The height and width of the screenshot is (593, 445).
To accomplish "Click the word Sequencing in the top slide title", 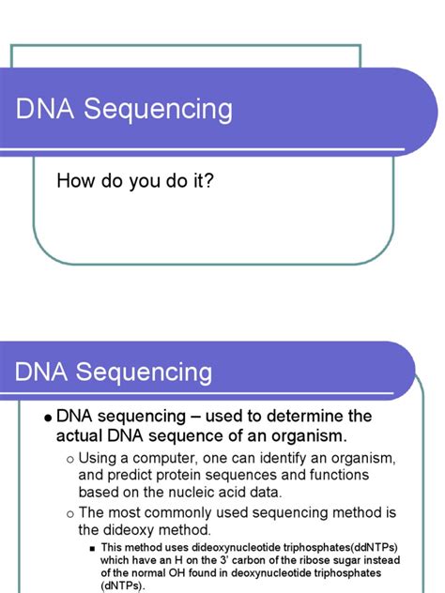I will (158, 111).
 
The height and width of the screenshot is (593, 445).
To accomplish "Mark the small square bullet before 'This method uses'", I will (93, 547).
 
